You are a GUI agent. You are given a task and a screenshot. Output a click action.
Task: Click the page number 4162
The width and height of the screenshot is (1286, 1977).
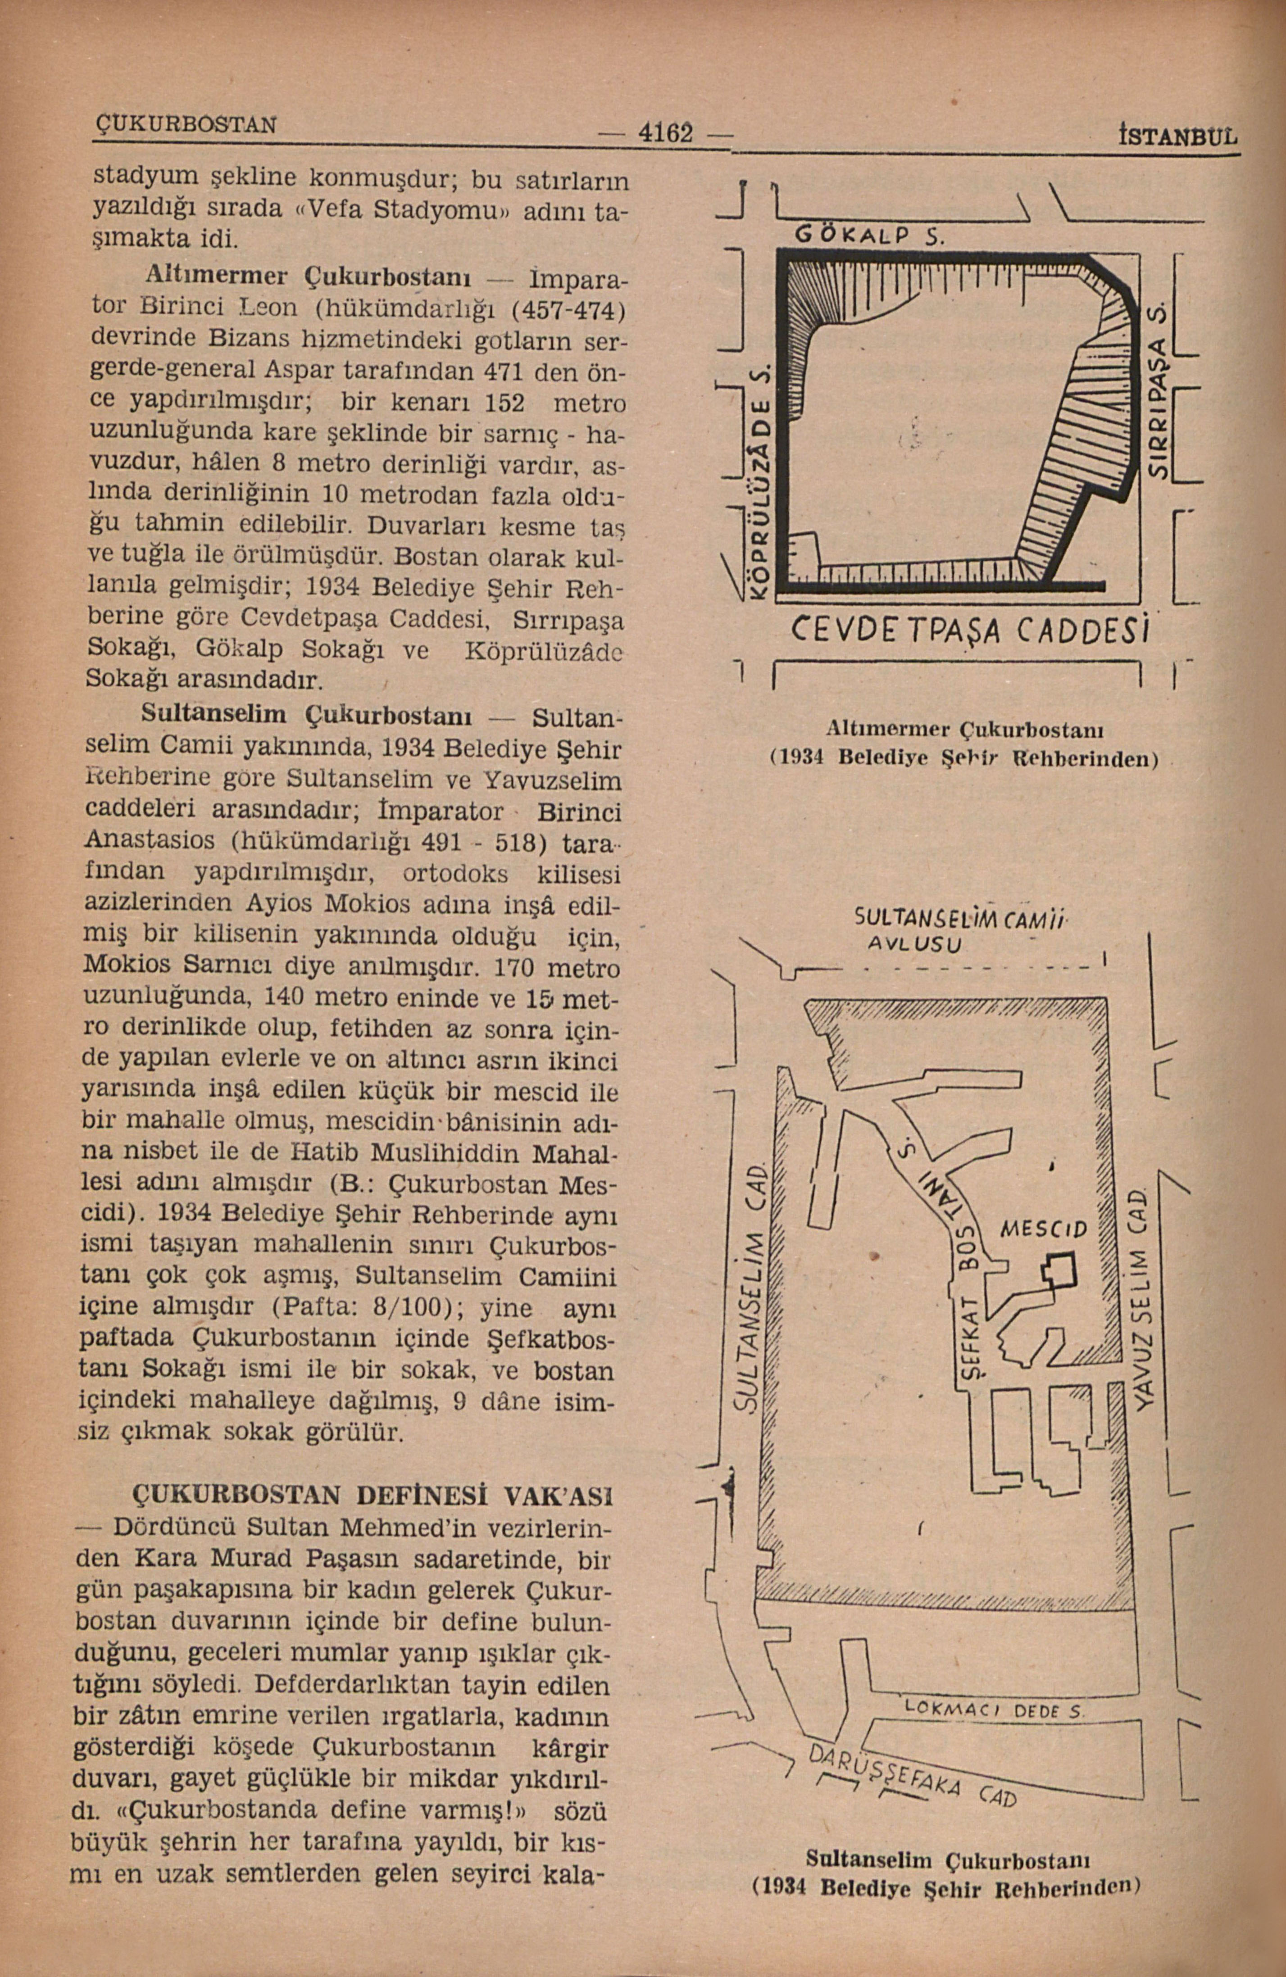coord(664,133)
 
